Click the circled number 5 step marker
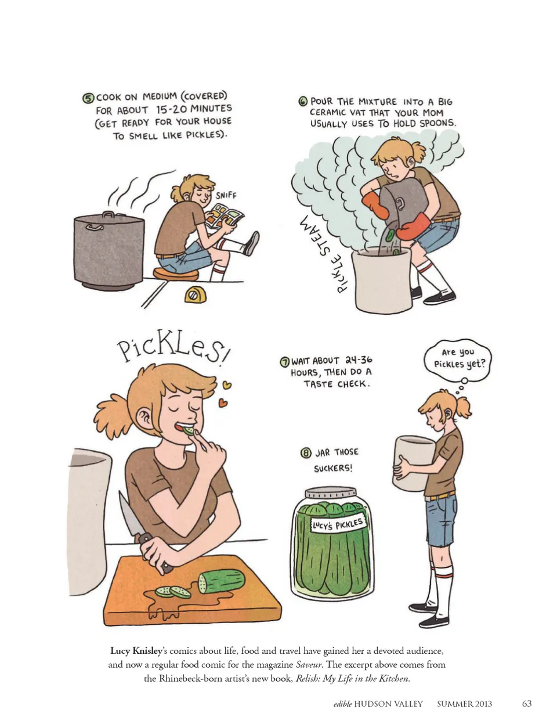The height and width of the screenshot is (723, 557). pyautogui.click(x=88, y=99)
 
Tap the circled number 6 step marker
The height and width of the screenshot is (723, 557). pyautogui.click(x=303, y=102)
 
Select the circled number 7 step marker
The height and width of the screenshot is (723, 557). pyautogui.click(x=284, y=362)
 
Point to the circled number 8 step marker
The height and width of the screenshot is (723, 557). pyautogui.click(x=306, y=453)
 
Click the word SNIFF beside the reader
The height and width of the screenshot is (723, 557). pyautogui.click(x=226, y=195)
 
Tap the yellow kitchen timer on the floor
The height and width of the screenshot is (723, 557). pyautogui.click(x=196, y=295)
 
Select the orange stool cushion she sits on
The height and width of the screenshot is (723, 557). pyautogui.click(x=176, y=274)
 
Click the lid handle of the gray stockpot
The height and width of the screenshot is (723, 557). pyautogui.click(x=108, y=214)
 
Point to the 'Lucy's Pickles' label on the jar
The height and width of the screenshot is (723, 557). pyautogui.click(x=338, y=525)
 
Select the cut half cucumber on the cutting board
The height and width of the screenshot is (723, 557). pyautogui.click(x=222, y=581)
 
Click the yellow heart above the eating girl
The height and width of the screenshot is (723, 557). pyautogui.click(x=227, y=385)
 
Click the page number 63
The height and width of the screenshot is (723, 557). pyautogui.click(x=527, y=704)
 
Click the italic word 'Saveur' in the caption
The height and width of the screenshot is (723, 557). pyautogui.click(x=309, y=665)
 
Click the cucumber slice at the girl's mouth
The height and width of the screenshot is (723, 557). pyautogui.click(x=189, y=431)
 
